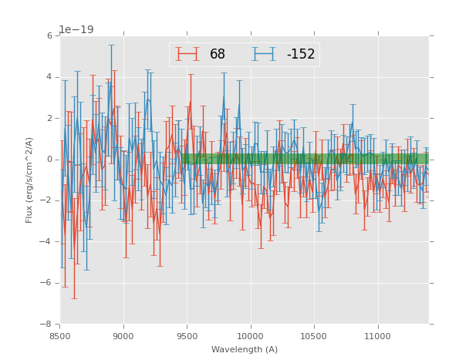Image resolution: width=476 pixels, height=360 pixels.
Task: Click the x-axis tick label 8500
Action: tap(60, 336)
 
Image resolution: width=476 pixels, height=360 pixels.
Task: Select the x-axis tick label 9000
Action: tap(123, 336)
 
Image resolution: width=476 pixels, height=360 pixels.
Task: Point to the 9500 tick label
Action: tap(187, 336)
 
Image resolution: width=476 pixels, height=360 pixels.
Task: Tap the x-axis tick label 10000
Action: tap(251, 336)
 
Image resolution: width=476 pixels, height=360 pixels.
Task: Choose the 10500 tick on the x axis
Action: tap(314, 336)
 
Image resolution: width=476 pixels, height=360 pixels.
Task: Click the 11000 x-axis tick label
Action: tap(377, 336)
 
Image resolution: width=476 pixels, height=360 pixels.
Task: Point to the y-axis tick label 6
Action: tap(49, 36)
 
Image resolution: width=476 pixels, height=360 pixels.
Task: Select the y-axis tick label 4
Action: tap(49, 77)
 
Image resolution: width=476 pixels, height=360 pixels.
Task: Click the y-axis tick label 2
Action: tap(49, 119)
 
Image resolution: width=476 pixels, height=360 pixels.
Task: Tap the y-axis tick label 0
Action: tap(49, 160)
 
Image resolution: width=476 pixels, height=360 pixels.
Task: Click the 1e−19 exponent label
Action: tap(76, 29)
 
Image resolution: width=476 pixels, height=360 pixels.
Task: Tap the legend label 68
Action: tap(218, 55)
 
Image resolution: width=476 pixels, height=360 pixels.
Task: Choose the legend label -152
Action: tap(301, 55)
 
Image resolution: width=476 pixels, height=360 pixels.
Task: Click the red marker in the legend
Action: tap(187, 54)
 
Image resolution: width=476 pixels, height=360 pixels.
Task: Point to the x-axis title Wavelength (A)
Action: tap(245, 350)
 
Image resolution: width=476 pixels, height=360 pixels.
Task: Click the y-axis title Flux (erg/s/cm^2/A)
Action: tap(29, 180)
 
